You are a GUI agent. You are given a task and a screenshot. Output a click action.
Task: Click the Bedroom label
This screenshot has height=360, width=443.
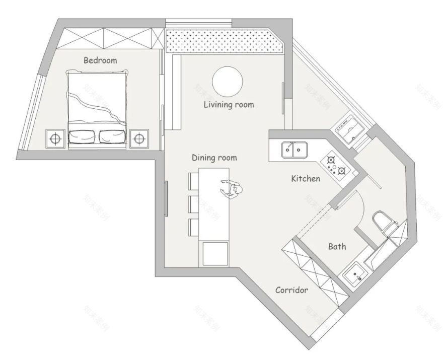pyautogui.click(x=100, y=60)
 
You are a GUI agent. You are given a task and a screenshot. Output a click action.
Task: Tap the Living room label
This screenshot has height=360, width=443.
pyautogui.click(x=229, y=105)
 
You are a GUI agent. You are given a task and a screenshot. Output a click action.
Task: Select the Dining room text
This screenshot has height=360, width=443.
pyautogui.click(x=214, y=158)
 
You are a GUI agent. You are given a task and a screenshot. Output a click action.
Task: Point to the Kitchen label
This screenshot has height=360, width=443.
pyautogui.click(x=306, y=179)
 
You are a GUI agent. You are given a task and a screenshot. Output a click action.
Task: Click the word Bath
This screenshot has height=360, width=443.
pyautogui.click(x=337, y=247)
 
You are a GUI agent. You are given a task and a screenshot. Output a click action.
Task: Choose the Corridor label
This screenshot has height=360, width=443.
pyautogui.click(x=291, y=290)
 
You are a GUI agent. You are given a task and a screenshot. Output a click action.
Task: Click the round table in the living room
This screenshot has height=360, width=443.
pyautogui.click(x=228, y=81)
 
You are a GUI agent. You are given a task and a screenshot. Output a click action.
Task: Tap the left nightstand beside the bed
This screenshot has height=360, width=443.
pyautogui.click(x=56, y=137)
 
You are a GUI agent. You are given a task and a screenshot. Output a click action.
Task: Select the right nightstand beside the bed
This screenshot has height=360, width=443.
pyautogui.click(x=139, y=137)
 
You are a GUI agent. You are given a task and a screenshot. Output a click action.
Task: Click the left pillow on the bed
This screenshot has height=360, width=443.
pyautogui.click(x=83, y=136)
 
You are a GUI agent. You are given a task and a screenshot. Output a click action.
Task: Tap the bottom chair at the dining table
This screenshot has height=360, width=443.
pyautogui.click(x=194, y=227)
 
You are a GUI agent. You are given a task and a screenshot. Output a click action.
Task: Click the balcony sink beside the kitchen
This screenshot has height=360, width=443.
pyautogui.click(x=349, y=129)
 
